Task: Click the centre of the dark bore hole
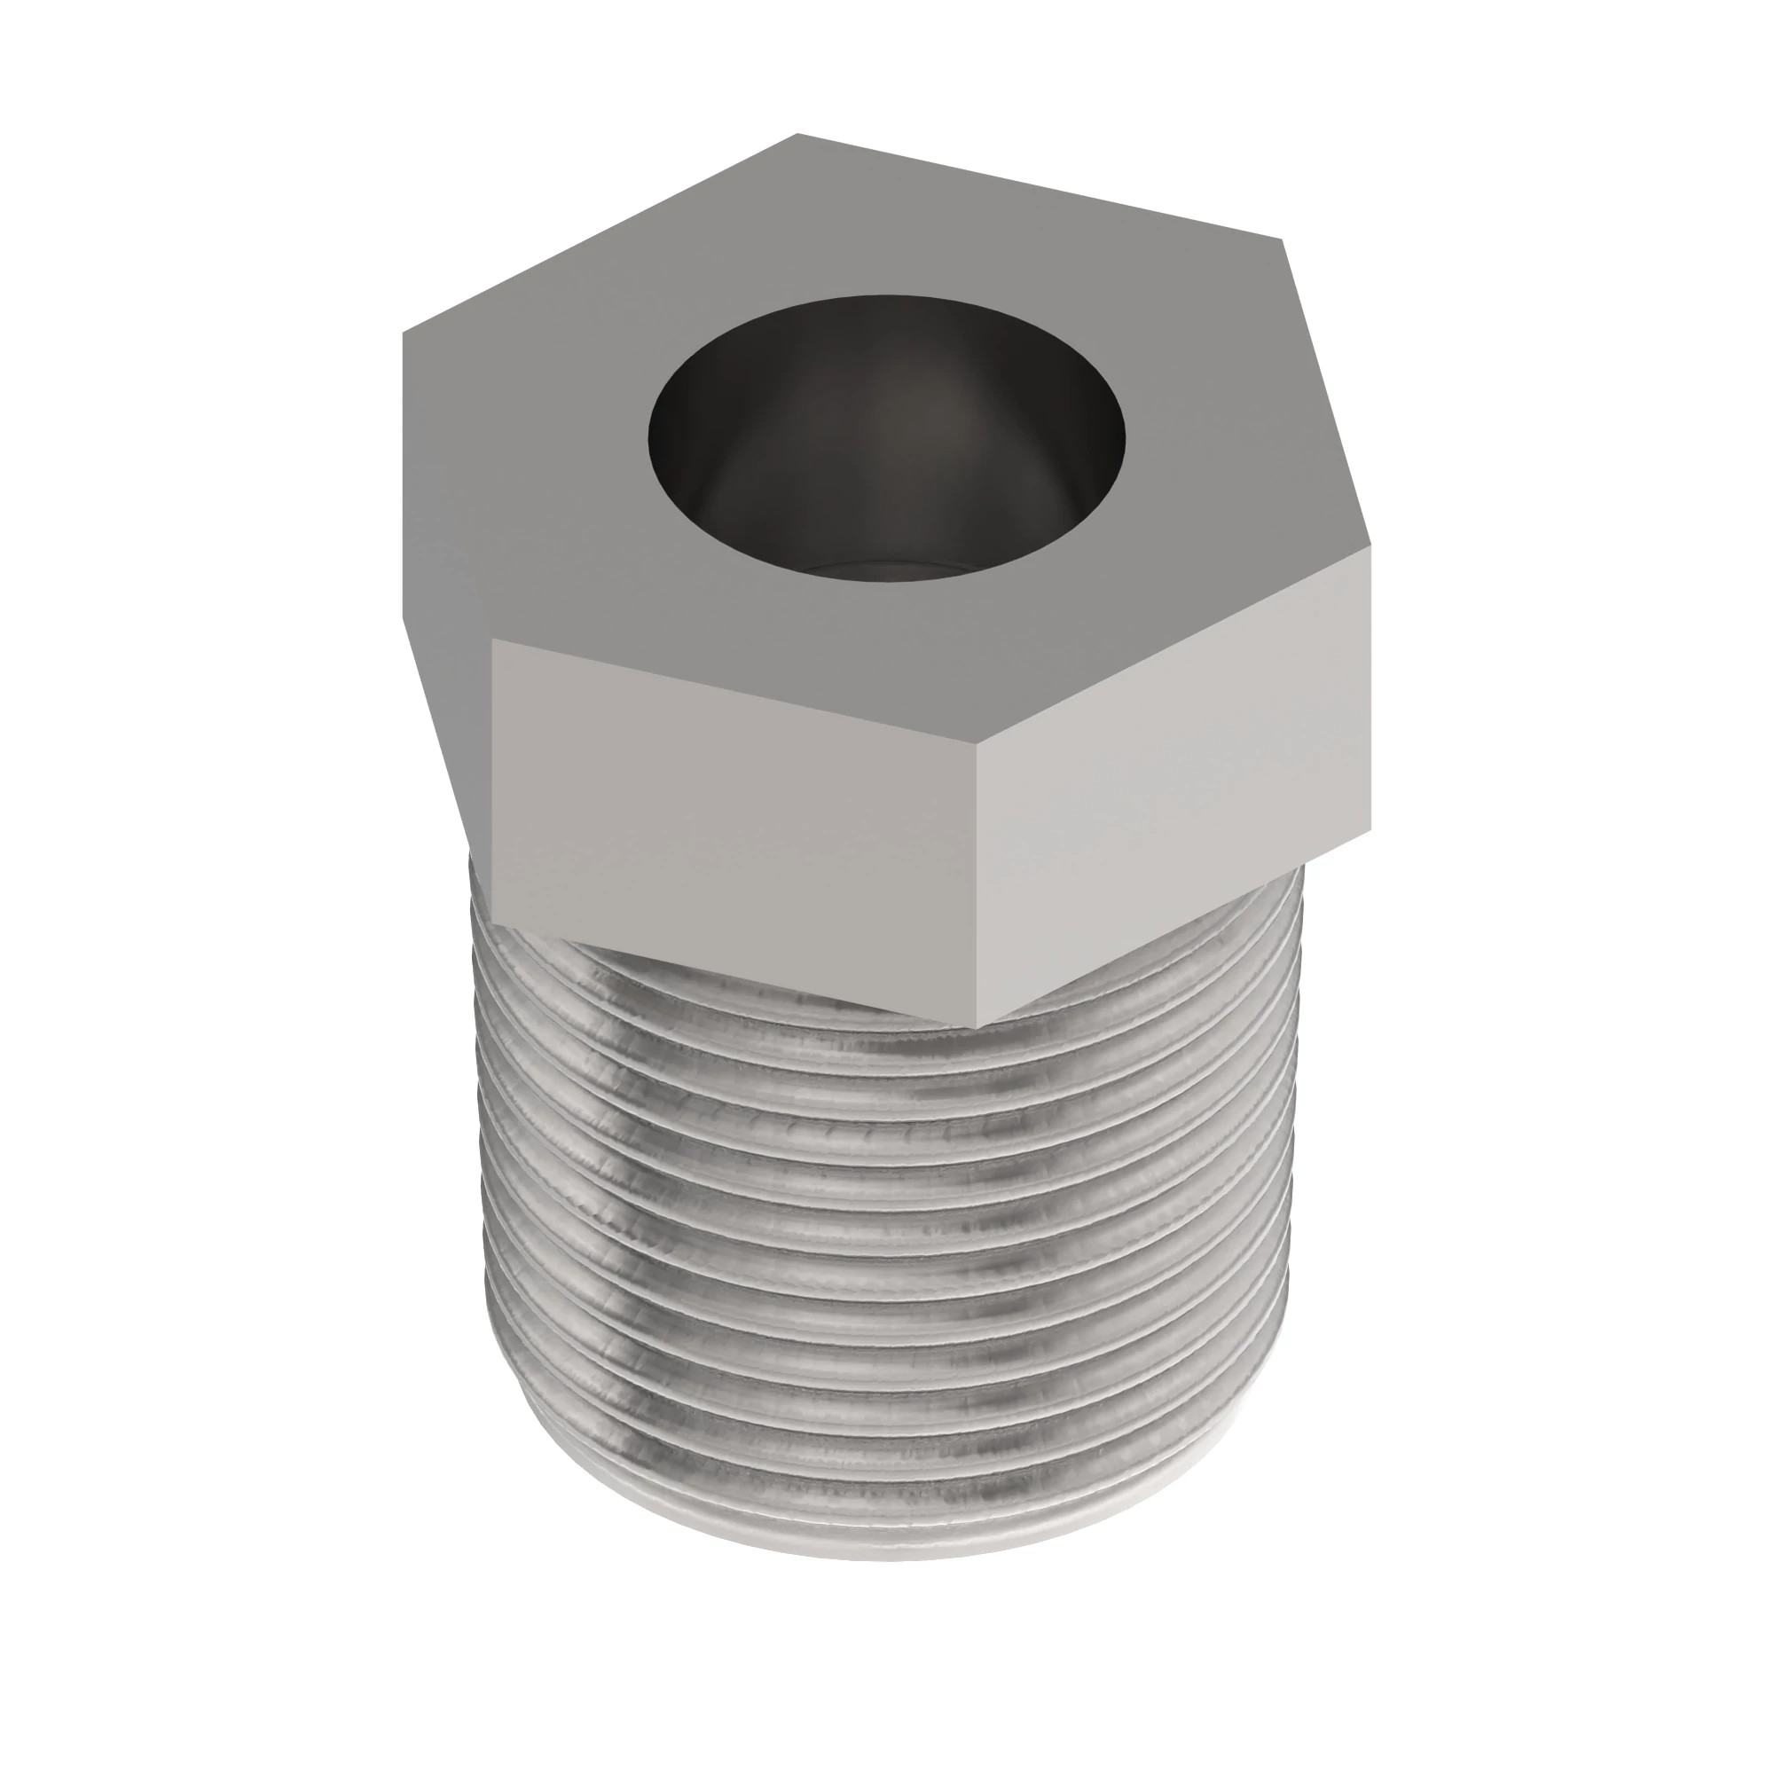tap(886, 441)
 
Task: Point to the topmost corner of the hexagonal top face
tap(797, 134)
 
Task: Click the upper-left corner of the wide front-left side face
tap(492, 641)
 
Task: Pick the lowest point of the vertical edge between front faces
tap(975, 1026)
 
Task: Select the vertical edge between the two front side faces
tap(975, 882)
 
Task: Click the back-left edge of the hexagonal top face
tap(597, 235)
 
